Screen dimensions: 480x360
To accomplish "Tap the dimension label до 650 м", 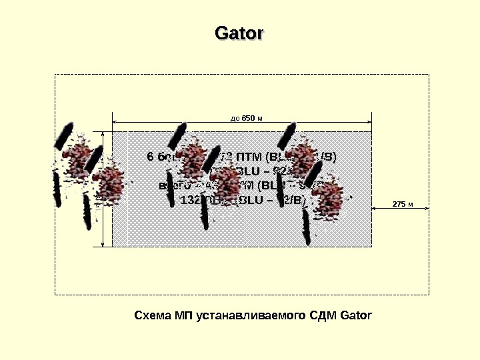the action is (247, 118).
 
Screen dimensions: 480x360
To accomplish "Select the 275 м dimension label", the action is (403, 203).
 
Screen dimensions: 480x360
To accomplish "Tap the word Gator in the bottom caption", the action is (355, 314).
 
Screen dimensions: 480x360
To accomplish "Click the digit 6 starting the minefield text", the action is (150, 157).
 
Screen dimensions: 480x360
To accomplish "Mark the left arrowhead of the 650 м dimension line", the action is (115, 123).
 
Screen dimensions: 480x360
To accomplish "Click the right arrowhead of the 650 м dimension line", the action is (369, 123).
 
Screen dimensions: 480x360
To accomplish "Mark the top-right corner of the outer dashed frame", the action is (429, 74).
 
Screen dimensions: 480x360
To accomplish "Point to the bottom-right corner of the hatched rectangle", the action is (371, 246).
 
